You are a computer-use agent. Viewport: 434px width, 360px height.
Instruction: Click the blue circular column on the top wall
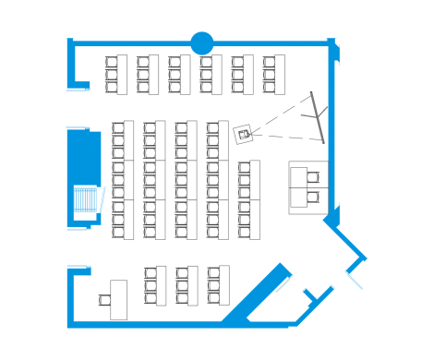click(201, 42)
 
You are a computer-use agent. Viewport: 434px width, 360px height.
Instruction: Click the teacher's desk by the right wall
click(306, 186)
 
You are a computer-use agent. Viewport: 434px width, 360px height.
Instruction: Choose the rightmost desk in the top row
click(273, 74)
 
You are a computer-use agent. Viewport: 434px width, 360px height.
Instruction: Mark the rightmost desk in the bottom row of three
click(219, 285)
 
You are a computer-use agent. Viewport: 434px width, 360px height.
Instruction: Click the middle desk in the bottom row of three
click(187, 285)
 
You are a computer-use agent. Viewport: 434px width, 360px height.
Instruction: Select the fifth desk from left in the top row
click(242, 74)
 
